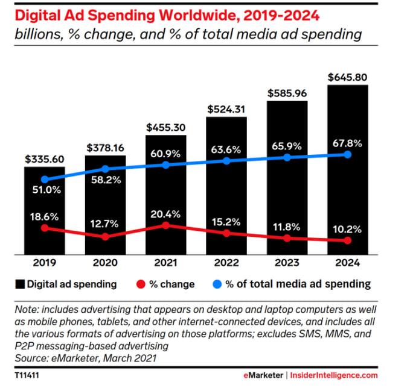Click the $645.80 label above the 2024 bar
click(x=348, y=77)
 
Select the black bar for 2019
click(x=45, y=211)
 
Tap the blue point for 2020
click(x=105, y=169)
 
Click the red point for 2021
click(x=165, y=225)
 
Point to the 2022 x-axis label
click(x=226, y=263)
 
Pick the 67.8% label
click(x=347, y=143)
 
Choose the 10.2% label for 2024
click(x=347, y=230)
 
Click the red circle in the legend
click(x=141, y=284)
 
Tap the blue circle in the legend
click(x=217, y=284)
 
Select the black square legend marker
click(x=20, y=284)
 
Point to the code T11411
click(x=27, y=375)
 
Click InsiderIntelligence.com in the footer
click(x=334, y=375)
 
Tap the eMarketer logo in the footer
click(x=263, y=375)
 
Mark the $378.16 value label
click(x=106, y=148)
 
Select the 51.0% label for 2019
click(x=46, y=190)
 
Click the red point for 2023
click(x=287, y=238)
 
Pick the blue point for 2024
click(x=348, y=155)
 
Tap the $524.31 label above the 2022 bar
click(x=226, y=109)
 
